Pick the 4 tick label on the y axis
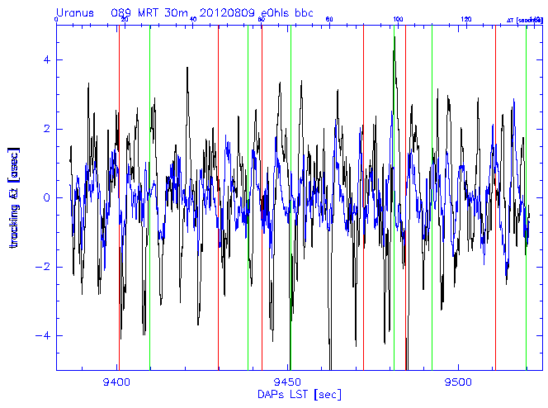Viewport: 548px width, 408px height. pos(46,60)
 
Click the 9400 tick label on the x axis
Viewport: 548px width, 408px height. pos(117,382)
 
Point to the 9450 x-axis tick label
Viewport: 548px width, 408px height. pos(289,382)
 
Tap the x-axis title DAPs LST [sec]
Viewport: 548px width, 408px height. pos(287,395)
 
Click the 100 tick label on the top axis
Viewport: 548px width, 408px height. pos(398,19)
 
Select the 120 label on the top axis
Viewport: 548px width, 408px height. pos(466,19)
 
